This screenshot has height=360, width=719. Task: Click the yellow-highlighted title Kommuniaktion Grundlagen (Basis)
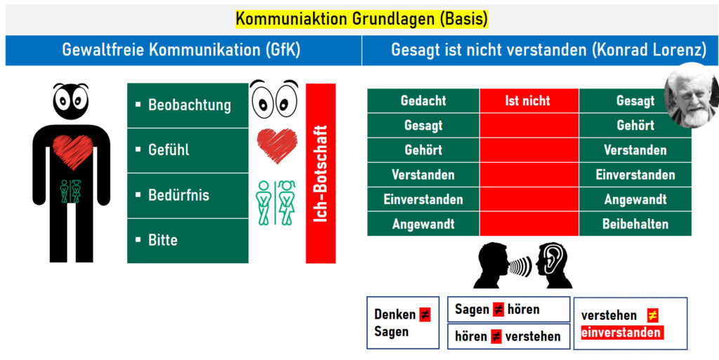coord(362,19)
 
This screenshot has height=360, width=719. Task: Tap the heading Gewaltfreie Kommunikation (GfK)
coord(181,50)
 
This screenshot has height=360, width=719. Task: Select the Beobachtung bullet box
coord(187,105)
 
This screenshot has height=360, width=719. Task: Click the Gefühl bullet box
coord(187,150)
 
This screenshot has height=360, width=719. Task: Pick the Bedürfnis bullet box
coord(187,196)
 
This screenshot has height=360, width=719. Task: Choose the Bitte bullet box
coord(187,241)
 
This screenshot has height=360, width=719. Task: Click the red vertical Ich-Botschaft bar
coord(320,173)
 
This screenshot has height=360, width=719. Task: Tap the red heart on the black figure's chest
coord(72,152)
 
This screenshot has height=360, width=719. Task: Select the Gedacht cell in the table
coord(423,101)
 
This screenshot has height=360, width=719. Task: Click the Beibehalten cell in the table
coord(635,224)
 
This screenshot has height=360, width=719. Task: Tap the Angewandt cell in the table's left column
coord(423,224)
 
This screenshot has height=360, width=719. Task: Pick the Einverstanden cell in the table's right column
coord(635,175)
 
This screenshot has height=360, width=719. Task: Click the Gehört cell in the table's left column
coord(423,149)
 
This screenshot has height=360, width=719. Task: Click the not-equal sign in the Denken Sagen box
coord(425,314)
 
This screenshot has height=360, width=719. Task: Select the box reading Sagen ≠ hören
coord(508,309)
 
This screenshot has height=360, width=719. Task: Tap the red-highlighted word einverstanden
coord(622,333)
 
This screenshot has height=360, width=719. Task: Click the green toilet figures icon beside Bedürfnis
coord(275,202)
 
